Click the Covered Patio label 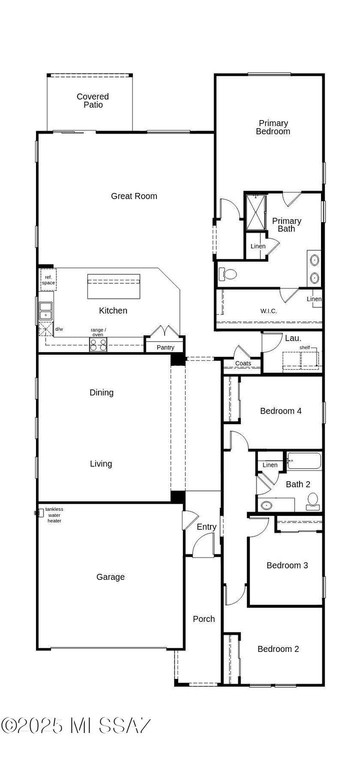[x=92, y=101]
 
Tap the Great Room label [x=134, y=196]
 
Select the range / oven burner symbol [x=98, y=344]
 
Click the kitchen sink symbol [x=46, y=311]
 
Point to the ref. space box [x=48, y=280]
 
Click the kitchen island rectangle [x=113, y=286]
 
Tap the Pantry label [x=165, y=347]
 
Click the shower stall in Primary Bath [x=255, y=212]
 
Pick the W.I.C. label [x=268, y=311]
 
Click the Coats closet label [x=243, y=363]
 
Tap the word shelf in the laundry [x=304, y=347]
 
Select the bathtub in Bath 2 [x=304, y=461]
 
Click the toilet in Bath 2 [x=313, y=501]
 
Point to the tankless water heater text [x=54, y=515]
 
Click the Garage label [x=110, y=577]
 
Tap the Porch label [x=204, y=619]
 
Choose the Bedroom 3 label [x=287, y=565]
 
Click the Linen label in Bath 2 [x=270, y=465]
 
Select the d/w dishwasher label [x=59, y=329]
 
